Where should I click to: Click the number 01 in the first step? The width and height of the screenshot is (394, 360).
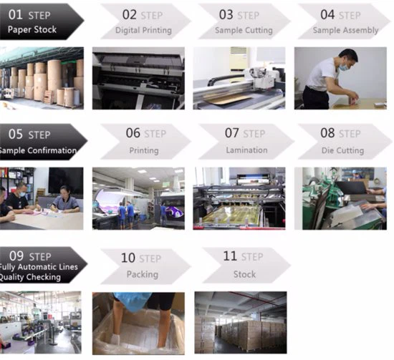pos(16,14)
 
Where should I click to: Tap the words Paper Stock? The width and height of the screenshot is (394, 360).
pos(32,29)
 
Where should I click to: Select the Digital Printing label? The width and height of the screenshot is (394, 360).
pos(143,30)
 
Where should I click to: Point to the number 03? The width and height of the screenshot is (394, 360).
pos(226,14)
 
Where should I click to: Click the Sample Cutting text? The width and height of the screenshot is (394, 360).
pos(244,30)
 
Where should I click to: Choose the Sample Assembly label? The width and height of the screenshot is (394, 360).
pos(345,30)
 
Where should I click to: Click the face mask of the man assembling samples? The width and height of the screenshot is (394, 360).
pos(345,67)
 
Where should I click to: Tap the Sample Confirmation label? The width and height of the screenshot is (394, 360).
pos(38,150)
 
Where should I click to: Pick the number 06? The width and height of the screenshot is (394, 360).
pos(133,133)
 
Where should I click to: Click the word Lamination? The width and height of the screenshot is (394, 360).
pos(246,150)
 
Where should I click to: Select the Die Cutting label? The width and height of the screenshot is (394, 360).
pos(342,150)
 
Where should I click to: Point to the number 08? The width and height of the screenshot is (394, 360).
pos(327,133)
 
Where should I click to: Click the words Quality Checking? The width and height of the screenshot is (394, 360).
pos(30,277)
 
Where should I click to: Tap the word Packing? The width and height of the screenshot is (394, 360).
pos(143,274)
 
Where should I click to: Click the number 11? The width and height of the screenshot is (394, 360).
pos(230,256)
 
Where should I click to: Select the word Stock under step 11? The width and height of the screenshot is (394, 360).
pos(244,274)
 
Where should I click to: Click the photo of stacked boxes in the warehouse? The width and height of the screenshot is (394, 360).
pos(241,323)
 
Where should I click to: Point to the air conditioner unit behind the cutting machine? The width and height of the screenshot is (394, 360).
pos(239,59)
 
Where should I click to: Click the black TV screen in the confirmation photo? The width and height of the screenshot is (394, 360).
pos(66,180)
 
